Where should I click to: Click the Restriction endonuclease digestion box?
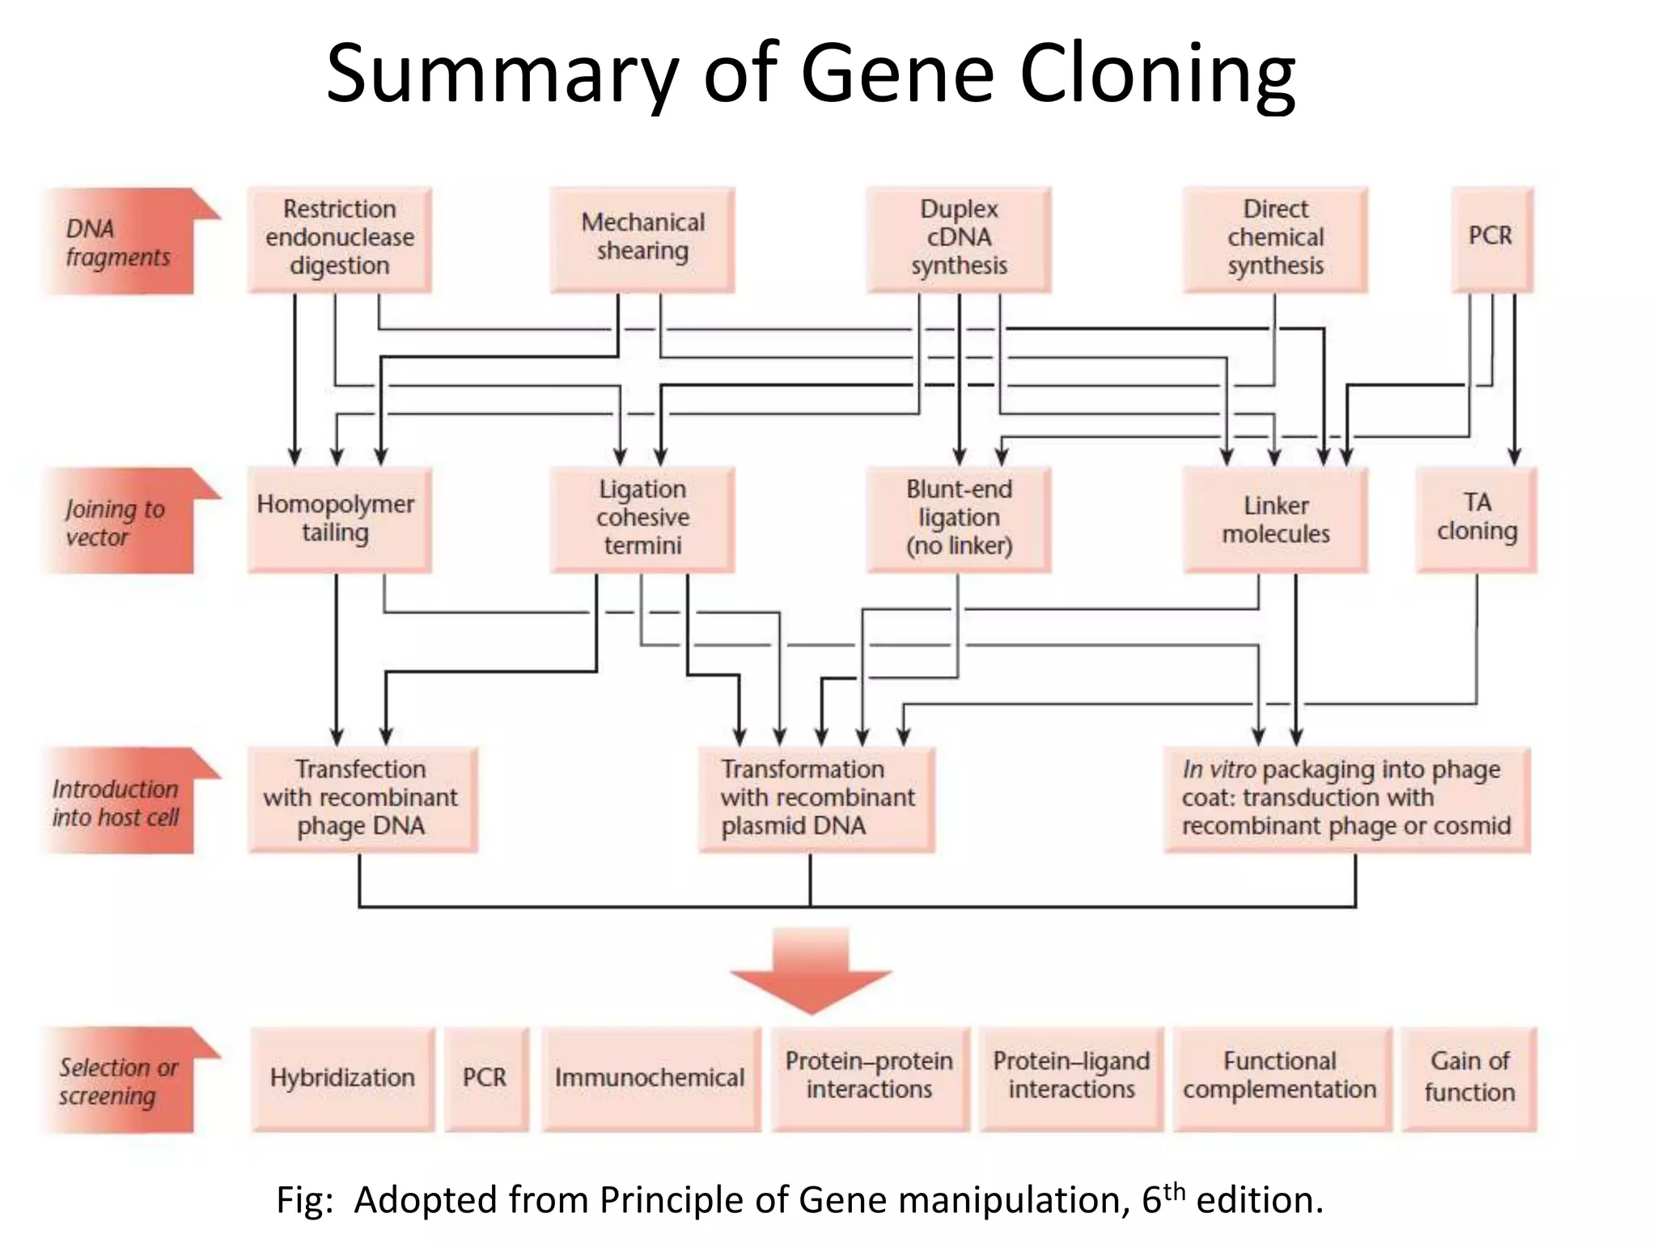coord(339,239)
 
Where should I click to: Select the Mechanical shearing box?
coord(642,239)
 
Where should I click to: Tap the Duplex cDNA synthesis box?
coord(959,239)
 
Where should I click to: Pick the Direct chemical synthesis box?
coord(1275,239)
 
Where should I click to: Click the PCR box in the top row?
coord(1491,237)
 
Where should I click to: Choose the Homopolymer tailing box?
coord(339,519)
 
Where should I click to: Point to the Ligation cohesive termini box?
coord(642,519)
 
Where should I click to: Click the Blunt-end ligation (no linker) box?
coord(959,519)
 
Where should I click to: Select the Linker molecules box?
coord(1275,519)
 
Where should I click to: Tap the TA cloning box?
coord(1477,519)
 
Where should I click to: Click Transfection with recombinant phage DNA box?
coord(362,799)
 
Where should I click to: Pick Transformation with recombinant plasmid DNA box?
coord(816,799)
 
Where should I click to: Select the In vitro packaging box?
coord(1346,799)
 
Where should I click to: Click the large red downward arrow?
coord(811,970)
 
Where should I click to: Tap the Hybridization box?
coord(342,1079)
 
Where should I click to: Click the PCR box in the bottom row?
coord(485,1079)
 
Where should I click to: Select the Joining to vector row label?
coord(117,522)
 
